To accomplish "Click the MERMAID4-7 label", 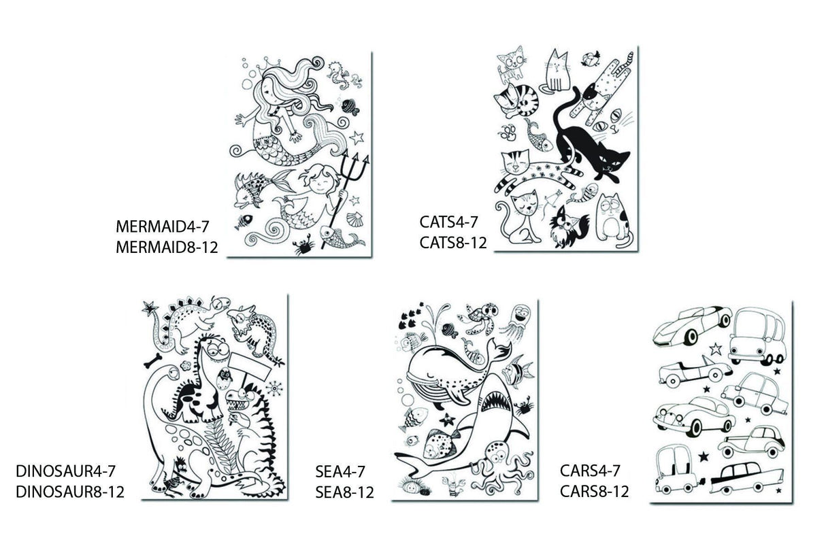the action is (163, 226).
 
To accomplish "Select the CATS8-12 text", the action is (453, 243).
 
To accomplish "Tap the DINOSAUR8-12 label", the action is (70, 492).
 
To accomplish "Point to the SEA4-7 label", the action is (340, 471).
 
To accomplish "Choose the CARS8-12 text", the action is (595, 492).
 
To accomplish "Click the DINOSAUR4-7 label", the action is (65, 471).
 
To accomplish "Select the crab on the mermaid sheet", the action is (305, 246).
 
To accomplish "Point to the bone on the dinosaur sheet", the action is (153, 360).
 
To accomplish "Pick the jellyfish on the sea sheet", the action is (518, 320).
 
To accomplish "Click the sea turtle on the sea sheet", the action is (478, 317).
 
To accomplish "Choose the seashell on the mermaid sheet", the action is (354, 220).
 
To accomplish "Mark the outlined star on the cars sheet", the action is (716, 349).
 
